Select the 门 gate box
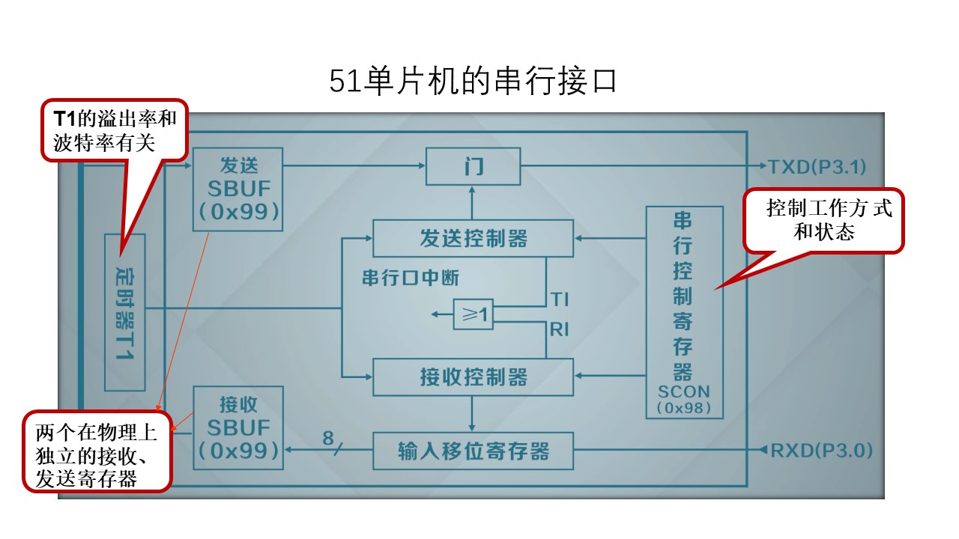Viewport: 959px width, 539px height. (x=473, y=166)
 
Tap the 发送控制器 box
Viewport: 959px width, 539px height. (x=473, y=238)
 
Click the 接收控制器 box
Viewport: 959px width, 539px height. (x=473, y=377)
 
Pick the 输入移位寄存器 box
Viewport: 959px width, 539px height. (x=473, y=451)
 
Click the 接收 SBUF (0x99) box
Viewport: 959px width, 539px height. (x=238, y=427)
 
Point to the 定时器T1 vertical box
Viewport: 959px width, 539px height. (x=124, y=311)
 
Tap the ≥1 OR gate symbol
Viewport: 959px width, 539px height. (x=474, y=315)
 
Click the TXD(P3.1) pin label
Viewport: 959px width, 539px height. (x=817, y=167)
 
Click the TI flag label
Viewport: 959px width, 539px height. (x=559, y=299)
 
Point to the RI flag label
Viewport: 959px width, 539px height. (x=559, y=329)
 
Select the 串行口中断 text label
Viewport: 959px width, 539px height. (x=410, y=278)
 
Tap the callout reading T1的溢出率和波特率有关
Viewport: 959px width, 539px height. (x=114, y=130)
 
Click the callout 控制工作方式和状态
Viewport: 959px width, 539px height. (x=823, y=220)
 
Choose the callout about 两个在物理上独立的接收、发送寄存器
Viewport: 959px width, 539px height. (x=96, y=454)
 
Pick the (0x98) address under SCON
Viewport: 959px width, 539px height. (x=683, y=409)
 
